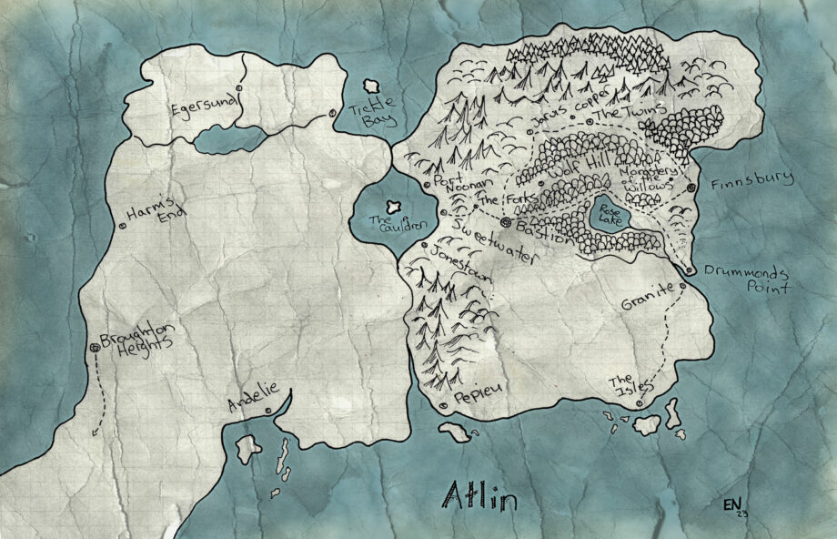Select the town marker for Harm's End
pos(123,225)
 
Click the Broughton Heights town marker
pos(95,348)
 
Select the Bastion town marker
pos(506,221)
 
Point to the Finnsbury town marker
pos(691,187)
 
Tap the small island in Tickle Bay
pos(371,86)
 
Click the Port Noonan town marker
pos(427,185)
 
